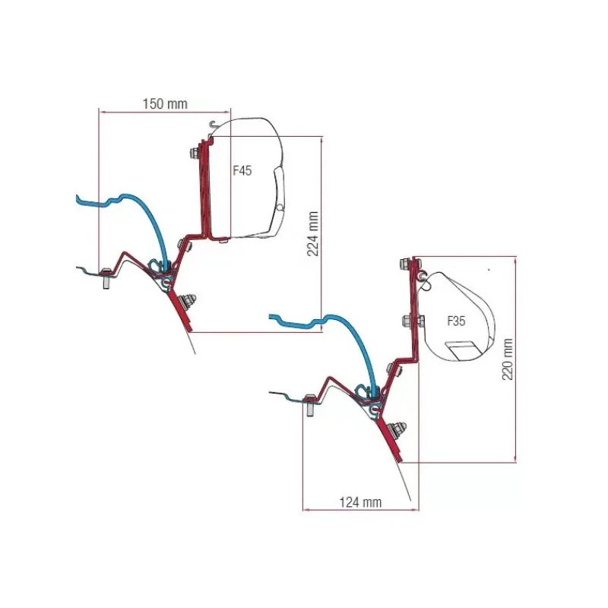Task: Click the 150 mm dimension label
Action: tap(165, 104)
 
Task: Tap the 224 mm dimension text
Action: tap(313, 233)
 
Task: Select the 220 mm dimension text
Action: tap(508, 359)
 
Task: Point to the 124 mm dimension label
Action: tap(360, 502)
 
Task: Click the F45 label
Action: tap(242, 170)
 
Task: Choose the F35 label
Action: tap(456, 321)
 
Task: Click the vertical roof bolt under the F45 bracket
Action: tap(106, 278)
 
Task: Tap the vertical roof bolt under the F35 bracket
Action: tap(310, 405)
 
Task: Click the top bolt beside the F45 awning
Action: tap(195, 153)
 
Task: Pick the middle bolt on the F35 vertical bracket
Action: tap(412, 321)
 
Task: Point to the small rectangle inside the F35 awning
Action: tap(462, 350)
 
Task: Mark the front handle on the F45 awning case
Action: tap(279, 194)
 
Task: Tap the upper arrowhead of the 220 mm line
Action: tap(515, 259)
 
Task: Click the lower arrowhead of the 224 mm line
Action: tap(321, 329)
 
